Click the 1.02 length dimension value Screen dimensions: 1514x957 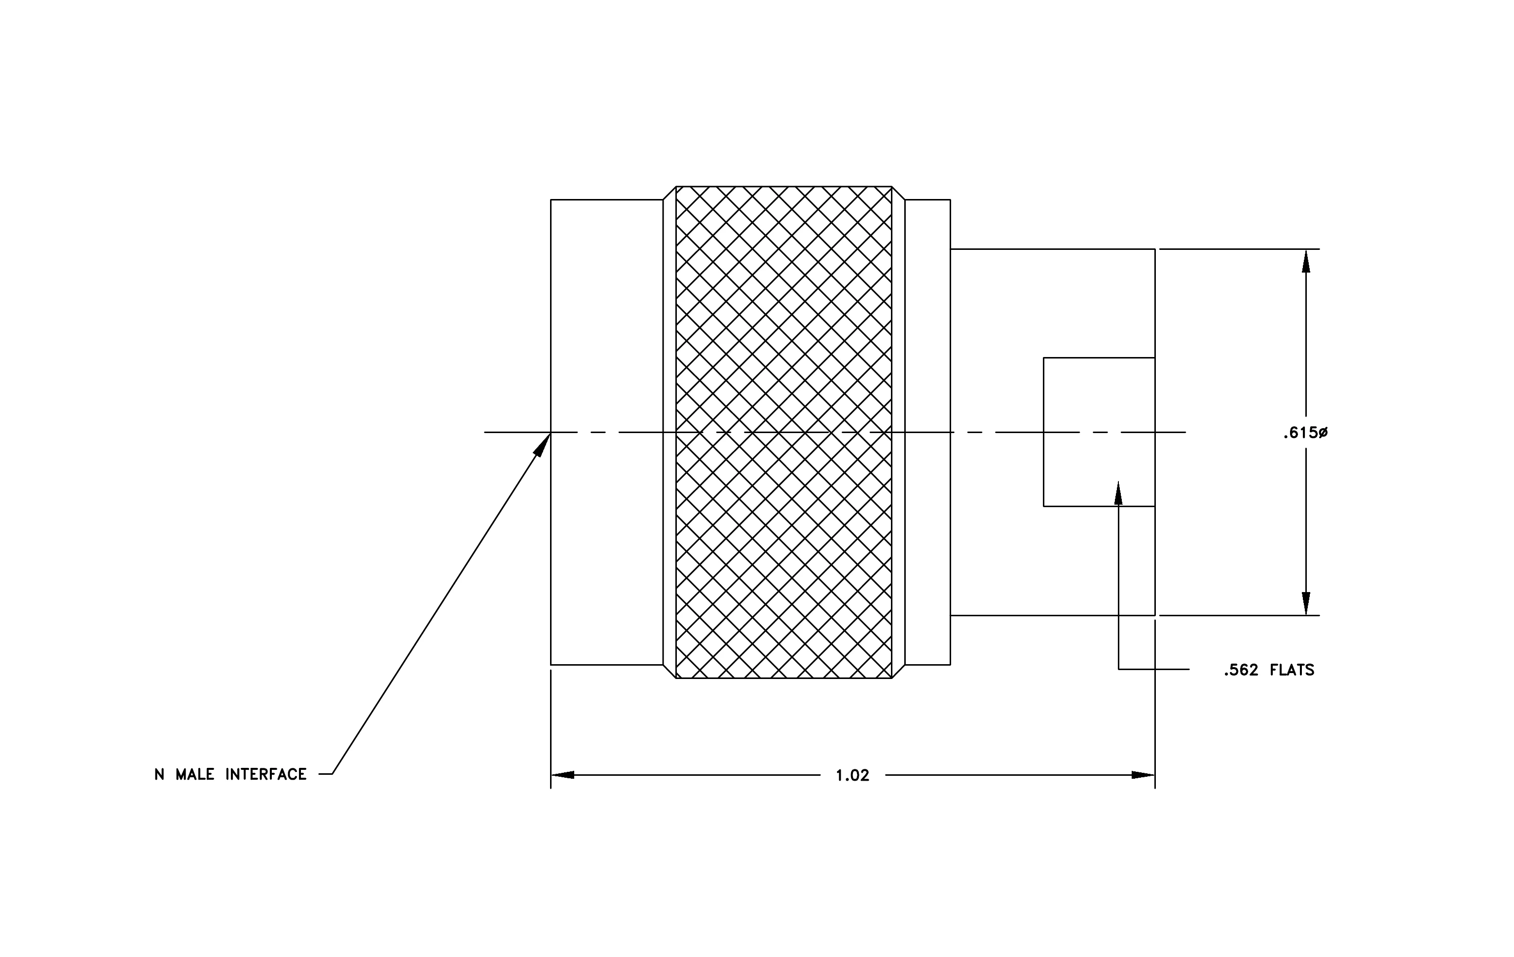(x=852, y=775)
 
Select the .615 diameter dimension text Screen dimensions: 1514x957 (x=1305, y=433)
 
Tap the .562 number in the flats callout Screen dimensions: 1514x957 (x=1241, y=670)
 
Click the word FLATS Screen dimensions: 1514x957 (x=1292, y=670)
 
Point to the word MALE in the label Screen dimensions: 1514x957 (x=195, y=774)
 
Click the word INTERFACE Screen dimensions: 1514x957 (x=266, y=774)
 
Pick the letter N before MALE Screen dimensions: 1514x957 (x=160, y=774)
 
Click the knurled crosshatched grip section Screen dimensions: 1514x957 (x=783, y=432)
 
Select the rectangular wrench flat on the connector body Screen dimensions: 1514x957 (x=1099, y=432)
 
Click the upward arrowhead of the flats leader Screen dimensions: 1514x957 (x=1118, y=493)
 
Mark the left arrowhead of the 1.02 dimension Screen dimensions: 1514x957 (x=563, y=775)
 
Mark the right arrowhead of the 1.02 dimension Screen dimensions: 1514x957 (x=1143, y=775)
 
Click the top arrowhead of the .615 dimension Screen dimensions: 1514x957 (x=1306, y=261)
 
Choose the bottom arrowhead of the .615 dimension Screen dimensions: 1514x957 (x=1306, y=603)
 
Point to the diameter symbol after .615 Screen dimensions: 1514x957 (x=1323, y=433)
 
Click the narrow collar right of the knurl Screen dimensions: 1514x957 (x=928, y=432)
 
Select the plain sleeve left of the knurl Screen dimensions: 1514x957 (x=607, y=432)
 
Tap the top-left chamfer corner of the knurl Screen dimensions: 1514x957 (x=676, y=186)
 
